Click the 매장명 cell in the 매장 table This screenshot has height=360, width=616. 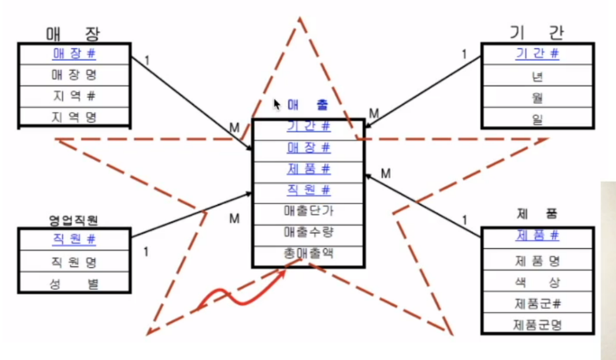tap(74, 75)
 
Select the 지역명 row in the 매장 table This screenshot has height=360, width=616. tap(74, 117)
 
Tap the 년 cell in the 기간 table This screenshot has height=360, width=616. tap(537, 76)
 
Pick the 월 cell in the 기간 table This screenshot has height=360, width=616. tap(537, 97)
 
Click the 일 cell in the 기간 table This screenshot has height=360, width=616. tap(537, 118)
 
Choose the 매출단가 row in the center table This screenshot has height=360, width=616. tap(308, 211)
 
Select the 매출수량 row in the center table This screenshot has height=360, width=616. tap(308, 232)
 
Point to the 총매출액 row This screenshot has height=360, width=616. tap(308, 254)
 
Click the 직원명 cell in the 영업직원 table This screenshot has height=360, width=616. tap(74, 262)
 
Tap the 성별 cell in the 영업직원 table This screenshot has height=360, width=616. tap(74, 283)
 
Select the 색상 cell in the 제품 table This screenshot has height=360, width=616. tap(537, 281)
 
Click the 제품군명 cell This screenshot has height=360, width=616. tap(537, 325)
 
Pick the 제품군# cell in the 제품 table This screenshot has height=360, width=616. tap(537, 303)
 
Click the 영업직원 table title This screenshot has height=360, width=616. tap(73, 220)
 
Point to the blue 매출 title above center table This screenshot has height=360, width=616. tap(308, 105)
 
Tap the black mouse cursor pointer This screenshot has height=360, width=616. tap(277, 104)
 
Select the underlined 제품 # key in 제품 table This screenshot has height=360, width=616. tap(537, 236)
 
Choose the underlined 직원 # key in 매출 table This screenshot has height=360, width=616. tap(308, 190)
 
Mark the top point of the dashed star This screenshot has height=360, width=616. tap(300, 17)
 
